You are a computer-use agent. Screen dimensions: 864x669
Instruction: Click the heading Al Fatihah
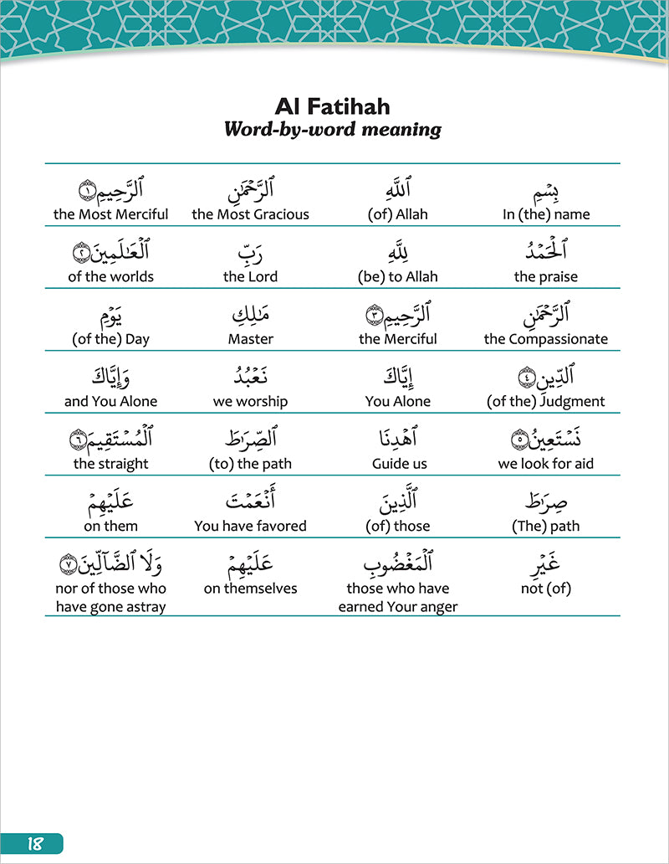pos(333,107)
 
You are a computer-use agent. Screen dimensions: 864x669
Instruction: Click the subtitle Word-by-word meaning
pos(333,130)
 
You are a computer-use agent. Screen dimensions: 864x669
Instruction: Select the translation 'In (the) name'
pos(546,214)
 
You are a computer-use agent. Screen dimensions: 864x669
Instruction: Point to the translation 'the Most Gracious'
pos(250,214)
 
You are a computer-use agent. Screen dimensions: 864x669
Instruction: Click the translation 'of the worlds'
pos(111,276)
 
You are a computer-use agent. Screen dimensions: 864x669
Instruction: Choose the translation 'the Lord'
pos(250,276)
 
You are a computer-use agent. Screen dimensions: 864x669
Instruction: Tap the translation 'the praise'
pos(546,276)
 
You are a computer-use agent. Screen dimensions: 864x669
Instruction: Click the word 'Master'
pos(250,339)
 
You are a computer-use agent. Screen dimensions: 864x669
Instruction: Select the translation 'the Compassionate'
pos(546,339)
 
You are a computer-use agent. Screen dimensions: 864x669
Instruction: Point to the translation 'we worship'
pos(250,401)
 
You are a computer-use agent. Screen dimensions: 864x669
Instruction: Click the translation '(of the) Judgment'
pos(546,401)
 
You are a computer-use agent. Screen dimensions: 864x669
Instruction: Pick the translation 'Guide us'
pos(398,464)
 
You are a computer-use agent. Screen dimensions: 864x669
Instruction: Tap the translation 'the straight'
pos(111,464)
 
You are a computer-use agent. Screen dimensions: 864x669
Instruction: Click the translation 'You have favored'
pos(250,526)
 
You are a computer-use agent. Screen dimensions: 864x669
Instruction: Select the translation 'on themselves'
pos(250,589)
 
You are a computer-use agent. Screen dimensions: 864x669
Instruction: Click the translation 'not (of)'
pos(546,589)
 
